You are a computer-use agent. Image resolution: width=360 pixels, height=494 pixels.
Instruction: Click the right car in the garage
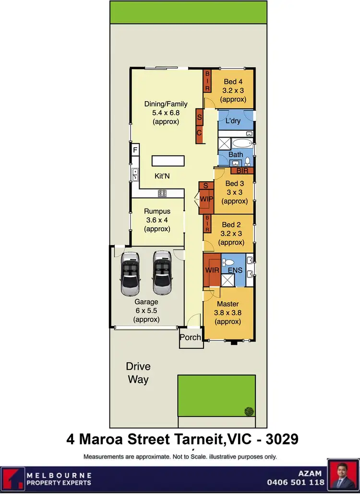[x=162, y=272]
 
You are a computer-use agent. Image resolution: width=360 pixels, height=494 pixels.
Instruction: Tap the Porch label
[x=190, y=337]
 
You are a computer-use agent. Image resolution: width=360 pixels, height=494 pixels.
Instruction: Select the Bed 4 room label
[x=233, y=82]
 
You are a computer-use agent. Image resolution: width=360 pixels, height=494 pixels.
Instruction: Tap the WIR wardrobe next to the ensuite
[x=212, y=270]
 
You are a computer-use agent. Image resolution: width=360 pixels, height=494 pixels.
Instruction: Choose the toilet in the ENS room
[x=229, y=262]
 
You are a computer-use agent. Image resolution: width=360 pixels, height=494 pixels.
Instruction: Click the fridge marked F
[x=135, y=151]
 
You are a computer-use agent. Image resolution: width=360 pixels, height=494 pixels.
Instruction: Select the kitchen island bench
[x=168, y=160]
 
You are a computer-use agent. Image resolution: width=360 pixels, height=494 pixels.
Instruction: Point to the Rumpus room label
[x=157, y=212]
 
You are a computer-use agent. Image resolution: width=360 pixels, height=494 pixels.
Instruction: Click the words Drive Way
[x=138, y=373]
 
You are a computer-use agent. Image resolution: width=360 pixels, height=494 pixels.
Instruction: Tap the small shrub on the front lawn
[x=249, y=411]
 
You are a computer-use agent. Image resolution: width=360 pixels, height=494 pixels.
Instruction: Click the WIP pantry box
[x=206, y=198]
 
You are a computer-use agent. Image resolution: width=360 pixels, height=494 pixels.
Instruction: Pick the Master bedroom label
[x=228, y=304]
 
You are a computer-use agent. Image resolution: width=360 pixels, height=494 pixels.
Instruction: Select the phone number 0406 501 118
[x=295, y=482]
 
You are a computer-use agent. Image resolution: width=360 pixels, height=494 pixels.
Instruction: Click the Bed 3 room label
[x=234, y=184]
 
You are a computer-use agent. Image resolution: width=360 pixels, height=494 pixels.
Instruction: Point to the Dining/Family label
[x=166, y=104]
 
